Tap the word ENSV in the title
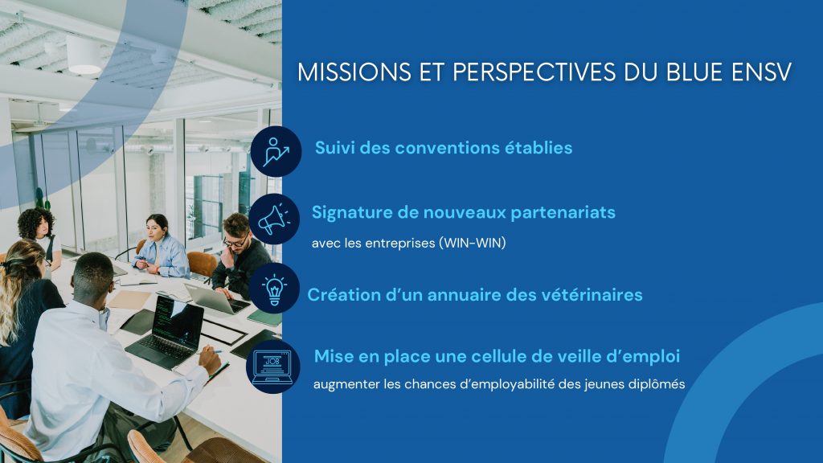click(761, 72)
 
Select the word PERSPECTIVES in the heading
click(534, 72)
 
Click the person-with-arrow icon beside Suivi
click(276, 151)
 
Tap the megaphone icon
click(274, 219)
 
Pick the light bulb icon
click(274, 289)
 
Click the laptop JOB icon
click(272, 367)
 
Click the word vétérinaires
click(592, 294)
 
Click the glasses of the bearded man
click(235, 242)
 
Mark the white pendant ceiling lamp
click(84, 55)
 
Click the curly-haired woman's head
click(35, 223)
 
